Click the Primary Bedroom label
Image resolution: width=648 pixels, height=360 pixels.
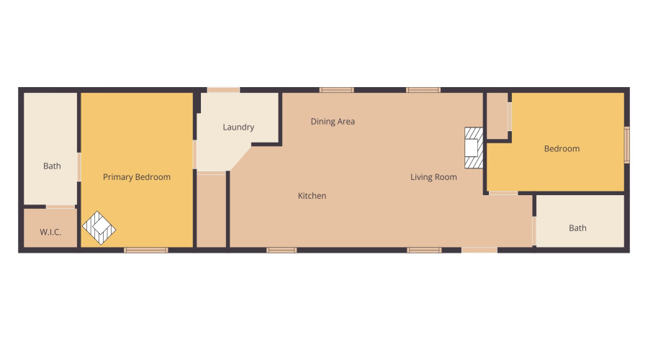[x=137, y=177]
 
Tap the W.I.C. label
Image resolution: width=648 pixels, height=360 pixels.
[x=50, y=232]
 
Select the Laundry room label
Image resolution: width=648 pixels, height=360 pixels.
[x=238, y=127]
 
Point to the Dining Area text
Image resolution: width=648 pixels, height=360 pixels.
[x=333, y=122]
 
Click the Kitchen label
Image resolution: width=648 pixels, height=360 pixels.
[x=312, y=196]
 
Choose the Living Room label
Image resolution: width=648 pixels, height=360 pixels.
[x=433, y=177]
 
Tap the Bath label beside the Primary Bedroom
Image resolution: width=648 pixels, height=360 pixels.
[x=52, y=166]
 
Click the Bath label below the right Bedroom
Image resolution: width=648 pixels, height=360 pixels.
[x=577, y=228]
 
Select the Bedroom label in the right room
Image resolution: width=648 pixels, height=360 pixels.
[x=562, y=149]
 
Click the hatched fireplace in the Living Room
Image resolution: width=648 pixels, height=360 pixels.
[x=473, y=148]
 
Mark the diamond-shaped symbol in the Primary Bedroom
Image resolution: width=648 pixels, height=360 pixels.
[x=99, y=228]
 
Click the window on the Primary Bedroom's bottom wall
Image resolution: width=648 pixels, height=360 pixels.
[x=145, y=250]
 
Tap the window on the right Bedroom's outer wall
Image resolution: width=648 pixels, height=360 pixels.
[x=626, y=145]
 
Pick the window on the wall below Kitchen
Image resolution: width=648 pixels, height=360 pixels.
[x=282, y=250]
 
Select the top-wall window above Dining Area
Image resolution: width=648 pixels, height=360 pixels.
[x=337, y=90]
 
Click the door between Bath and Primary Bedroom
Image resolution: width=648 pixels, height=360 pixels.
[x=79, y=167]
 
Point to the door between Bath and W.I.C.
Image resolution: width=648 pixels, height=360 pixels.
[x=60, y=207]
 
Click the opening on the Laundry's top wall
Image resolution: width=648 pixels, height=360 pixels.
[x=223, y=90]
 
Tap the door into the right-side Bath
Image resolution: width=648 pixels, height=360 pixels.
[x=534, y=231]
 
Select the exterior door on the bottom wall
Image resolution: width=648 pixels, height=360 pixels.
[x=479, y=250]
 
